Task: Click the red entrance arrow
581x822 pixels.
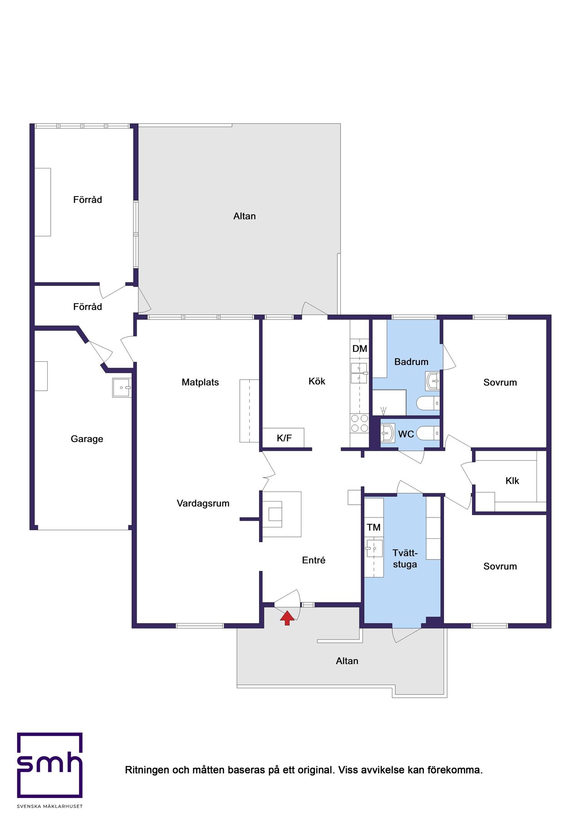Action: click(x=287, y=618)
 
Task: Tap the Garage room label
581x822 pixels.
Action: click(x=87, y=439)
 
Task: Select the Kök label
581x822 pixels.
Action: click(x=317, y=381)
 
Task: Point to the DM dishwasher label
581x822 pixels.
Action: click(x=359, y=349)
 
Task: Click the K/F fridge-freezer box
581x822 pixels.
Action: click(x=283, y=438)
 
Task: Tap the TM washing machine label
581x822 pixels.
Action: click(x=374, y=527)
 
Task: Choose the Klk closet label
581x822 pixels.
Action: click(x=512, y=481)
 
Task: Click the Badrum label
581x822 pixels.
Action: click(x=411, y=362)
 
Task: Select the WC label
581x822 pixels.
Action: click(x=406, y=434)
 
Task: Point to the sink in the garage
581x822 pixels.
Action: click(x=122, y=388)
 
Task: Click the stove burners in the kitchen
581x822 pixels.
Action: click(x=359, y=423)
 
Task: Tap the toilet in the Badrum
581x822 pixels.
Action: click(x=428, y=403)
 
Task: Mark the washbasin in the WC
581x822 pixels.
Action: click(x=387, y=433)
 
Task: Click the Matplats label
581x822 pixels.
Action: click(x=200, y=382)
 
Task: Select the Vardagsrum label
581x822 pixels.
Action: click(x=203, y=503)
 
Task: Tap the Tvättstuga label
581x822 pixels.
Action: click(x=405, y=559)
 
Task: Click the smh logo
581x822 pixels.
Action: click(x=50, y=765)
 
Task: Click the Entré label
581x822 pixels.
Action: click(x=314, y=560)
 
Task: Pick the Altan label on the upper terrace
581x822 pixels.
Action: click(x=245, y=216)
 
